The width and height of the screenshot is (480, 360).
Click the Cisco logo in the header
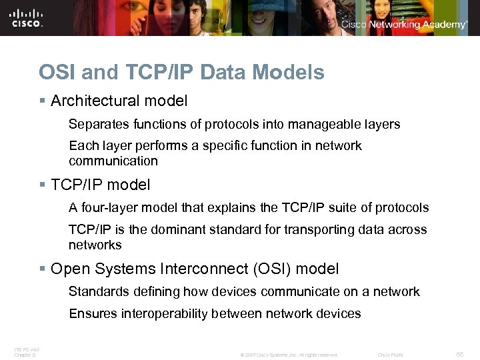coord(27,17)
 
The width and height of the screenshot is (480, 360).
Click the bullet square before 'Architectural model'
coord(42,101)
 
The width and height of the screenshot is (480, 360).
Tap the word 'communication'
coord(113,161)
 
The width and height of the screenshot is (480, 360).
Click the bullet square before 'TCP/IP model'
coord(42,185)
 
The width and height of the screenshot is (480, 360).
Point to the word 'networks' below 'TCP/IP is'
coord(95,245)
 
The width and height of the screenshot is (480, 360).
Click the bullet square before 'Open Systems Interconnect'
coord(42,269)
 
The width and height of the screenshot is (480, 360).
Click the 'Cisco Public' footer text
coord(391,355)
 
